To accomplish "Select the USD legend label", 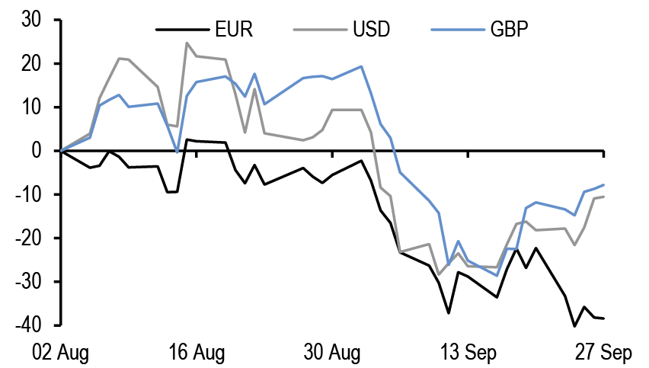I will pos(371,30).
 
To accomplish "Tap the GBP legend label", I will pos(510,30).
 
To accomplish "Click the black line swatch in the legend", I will pos(182,30).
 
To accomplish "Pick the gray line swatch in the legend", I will pos(319,30).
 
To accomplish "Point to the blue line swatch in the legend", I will pos(457,30).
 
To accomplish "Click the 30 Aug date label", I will pos(332,353).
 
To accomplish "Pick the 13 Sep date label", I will pos(468,353).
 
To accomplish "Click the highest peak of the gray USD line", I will pos(187,43).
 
